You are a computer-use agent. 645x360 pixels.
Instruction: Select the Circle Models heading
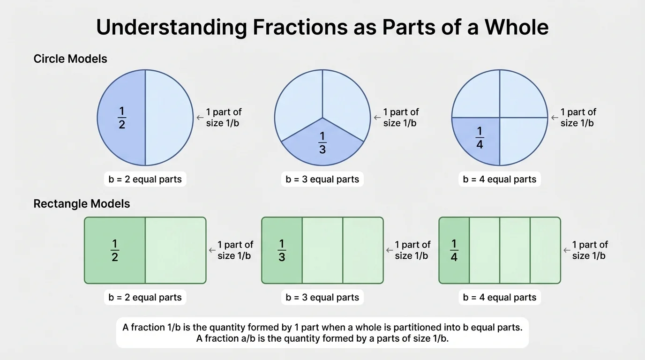pyautogui.click(x=70, y=59)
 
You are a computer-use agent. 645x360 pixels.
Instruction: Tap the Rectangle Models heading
pyautogui.click(x=82, y=204)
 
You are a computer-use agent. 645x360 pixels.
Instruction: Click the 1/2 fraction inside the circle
pyautogui.click(x=122, y=118)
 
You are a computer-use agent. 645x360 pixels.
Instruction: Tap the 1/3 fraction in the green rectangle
pyautogui.click(x=282, y=250)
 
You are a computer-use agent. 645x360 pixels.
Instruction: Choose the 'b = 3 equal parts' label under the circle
pyautogui.click(x=322, y=180)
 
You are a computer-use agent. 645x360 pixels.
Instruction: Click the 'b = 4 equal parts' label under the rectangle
pyautogui.click(x=500, y=298)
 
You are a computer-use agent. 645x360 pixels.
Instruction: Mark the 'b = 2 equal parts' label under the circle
pyautogui.click(x=145, y=180)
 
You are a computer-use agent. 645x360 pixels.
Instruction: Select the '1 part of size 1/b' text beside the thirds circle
pyautogui.click(x=401, y=118)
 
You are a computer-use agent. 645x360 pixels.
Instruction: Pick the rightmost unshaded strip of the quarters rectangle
pyautogui.click(x=545, y=250)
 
